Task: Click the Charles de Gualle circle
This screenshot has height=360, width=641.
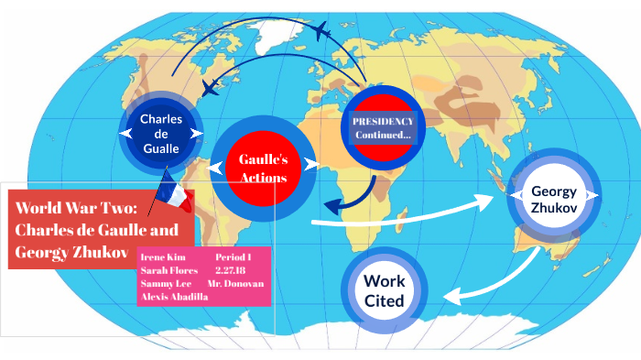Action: coord(161,134)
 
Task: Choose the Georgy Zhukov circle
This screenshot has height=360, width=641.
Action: coord(552,199)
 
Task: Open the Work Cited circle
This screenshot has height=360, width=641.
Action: coord(385,290)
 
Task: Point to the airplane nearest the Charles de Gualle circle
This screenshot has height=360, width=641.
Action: coord(212,88)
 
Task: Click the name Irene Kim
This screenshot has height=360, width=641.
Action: coord(163,257)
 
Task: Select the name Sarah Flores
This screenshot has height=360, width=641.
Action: coord(169,270)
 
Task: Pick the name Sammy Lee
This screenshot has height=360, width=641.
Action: coord(165,284)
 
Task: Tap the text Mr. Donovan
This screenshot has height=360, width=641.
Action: coord(235,284)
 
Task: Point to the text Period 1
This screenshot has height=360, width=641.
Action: coord(233,257)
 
